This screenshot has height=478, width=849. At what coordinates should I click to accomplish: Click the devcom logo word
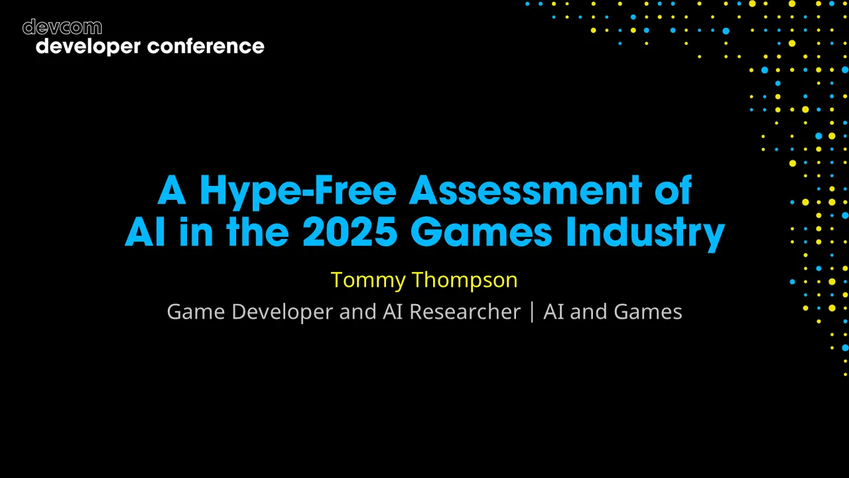[62, 27]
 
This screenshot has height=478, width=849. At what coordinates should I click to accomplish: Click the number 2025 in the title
[350, 232]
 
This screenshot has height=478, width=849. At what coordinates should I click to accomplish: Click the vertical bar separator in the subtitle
[532, 311]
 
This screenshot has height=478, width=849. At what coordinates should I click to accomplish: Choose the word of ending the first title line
[673, 191]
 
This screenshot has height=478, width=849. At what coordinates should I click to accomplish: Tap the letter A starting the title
[171, 191]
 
